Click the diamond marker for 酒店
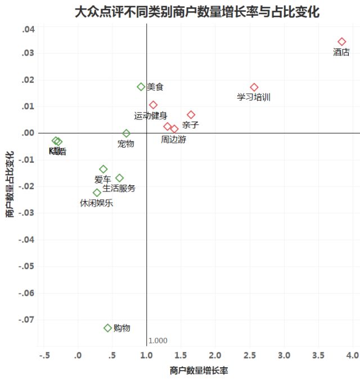[x=341, y=42]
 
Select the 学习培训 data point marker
[x=254, y=87]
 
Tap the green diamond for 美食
[x=141, y=87]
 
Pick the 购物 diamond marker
[x=108, y=328]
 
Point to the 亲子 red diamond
[x=191, y=115]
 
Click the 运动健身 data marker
[x=153, y=105]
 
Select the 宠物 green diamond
[x=127, y=133]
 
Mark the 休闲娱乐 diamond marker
[x=97, y=193]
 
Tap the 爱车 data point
[x=103, y=169]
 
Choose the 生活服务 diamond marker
[x=119, y=178]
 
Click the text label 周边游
[x=173, y=140]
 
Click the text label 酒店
[x=341, y=52]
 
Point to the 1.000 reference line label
[x=158, y=341]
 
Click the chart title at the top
[x=197, y=12]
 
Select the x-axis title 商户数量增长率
[x=199, y=371]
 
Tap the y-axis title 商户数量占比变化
[x=10, y=184]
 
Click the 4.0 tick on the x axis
[x=352, y=355]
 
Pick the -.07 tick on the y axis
[x=26, y=319]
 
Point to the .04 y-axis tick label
[x=29, y=29]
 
